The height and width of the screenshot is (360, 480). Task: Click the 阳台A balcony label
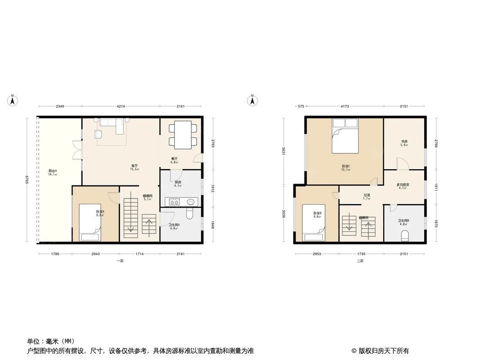click(53, 171)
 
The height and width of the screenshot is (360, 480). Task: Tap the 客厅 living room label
click(134, 166)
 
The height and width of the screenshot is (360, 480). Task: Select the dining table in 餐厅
click(183, 134)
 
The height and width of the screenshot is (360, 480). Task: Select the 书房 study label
click(404, 142)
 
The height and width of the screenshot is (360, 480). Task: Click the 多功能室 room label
click(403, 185)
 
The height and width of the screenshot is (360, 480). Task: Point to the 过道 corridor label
click(367, 196)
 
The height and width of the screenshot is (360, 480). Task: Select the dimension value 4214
click(121, 106)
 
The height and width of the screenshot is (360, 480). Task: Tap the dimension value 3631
click(283, 151)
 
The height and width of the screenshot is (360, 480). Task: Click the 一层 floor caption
click(120, 261)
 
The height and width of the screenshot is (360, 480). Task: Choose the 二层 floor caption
click(360, 261)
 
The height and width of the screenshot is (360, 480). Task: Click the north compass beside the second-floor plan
click(253, 100)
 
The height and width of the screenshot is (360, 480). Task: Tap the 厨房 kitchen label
click(178, 182)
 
